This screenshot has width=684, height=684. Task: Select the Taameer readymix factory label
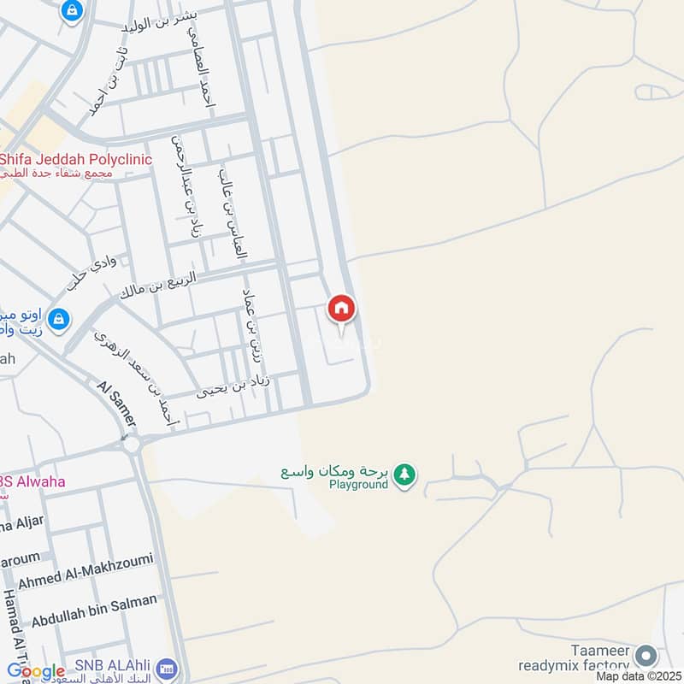(575, 657)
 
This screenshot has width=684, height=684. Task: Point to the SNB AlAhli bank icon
(168, 667)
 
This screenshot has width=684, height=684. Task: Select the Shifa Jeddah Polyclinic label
(75, 160)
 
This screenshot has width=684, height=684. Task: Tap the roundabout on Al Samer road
(130, 442)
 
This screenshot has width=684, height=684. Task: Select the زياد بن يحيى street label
(233, 386)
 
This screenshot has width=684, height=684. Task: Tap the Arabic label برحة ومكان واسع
(336, 471)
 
